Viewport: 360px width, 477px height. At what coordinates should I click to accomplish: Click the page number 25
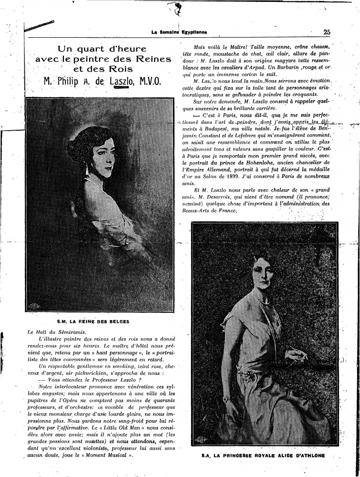coord(327,32)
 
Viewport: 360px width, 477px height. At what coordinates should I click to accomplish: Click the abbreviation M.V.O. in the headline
coord(148,82)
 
